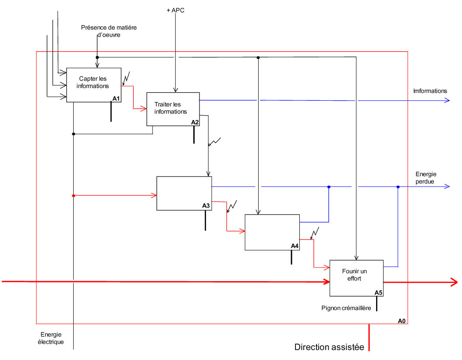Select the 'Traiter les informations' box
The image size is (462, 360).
point(173,109)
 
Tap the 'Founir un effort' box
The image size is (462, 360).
point(356,278)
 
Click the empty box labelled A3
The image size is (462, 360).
point(184,193)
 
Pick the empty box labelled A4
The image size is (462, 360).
point(272,232)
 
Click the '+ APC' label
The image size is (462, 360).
point(176,10)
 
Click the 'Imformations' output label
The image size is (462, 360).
point(430,91)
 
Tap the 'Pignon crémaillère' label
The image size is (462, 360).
point(346,308)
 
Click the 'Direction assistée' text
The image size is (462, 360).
point(329,347)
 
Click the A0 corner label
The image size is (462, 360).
point(402,321)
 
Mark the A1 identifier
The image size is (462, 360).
point(116,99)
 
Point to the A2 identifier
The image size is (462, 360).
point(195,122)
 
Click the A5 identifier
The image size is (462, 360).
point(379,293)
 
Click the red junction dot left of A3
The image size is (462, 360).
point(74,195)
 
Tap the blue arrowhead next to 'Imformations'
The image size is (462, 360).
point(447,101)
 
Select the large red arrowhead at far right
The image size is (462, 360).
point(454,282)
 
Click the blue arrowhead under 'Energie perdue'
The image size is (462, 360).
point(447,187)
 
